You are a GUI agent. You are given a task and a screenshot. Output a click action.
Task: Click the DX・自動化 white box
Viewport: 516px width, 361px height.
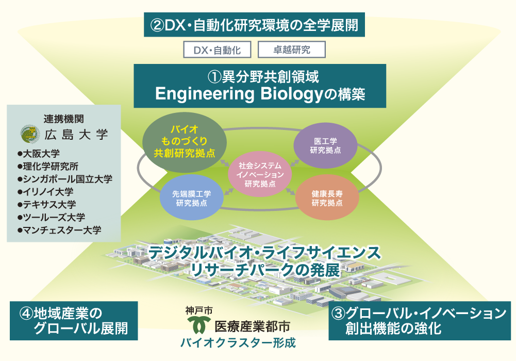(217, 50)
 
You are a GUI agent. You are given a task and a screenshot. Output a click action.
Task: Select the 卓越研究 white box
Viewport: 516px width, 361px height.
(292, 50)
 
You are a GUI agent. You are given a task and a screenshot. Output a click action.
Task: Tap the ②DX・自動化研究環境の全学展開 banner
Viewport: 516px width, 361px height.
(254, 25)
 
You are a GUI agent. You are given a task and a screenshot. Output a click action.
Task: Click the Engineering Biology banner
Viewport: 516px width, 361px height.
(260, 86)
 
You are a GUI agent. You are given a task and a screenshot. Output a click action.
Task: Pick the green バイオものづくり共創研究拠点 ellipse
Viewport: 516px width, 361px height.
(185, 141)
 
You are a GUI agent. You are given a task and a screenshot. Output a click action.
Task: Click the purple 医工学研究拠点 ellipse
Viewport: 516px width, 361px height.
(325, 145)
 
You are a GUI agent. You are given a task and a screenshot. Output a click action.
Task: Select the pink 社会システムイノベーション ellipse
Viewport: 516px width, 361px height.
(260, 174)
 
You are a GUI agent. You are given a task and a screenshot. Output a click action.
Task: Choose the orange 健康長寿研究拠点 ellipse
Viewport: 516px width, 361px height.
(327, 198)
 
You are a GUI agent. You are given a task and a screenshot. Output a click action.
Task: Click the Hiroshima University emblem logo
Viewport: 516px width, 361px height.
(30, 134)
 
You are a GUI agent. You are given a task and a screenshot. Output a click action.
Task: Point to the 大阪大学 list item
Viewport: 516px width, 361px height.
(39, 153)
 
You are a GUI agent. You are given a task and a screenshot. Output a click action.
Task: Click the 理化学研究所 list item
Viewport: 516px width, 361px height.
(48, 166)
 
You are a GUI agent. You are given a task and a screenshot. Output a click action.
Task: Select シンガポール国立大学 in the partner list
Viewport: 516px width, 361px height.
(65, 179)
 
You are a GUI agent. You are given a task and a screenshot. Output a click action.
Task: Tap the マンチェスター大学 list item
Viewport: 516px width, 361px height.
(59, 230)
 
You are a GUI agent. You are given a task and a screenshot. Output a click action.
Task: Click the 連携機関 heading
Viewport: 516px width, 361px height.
(64, 119)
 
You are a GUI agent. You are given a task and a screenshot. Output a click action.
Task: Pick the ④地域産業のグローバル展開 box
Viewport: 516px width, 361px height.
(74, 321)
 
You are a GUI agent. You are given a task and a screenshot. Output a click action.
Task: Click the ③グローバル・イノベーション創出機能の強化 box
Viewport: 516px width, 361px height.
(420, 321)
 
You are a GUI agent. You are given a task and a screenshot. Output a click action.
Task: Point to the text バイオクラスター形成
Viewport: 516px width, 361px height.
(238, 343)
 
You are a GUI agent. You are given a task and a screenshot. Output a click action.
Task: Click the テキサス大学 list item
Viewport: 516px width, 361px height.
(47, 205)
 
